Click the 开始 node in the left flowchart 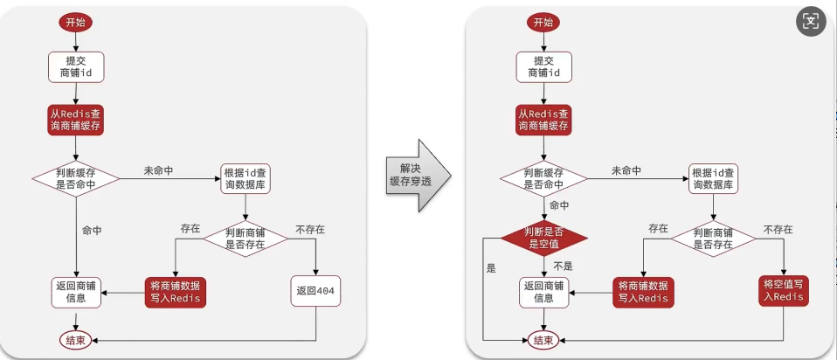coord(76,22)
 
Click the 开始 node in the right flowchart coord(543,22)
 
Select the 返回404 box coord(315,291)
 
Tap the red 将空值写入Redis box coord(783,290)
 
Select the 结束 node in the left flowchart coord(77,339)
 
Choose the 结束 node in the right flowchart coord(543,339)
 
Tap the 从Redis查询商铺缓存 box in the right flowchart coord(543,120)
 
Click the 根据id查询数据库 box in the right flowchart coord(714,178)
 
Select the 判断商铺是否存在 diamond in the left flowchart coord(247,239)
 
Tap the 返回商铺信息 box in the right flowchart coord(543,292)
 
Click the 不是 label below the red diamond coord(563,266)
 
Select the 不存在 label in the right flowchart coord(777,229)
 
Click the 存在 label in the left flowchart coord(190,229)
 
